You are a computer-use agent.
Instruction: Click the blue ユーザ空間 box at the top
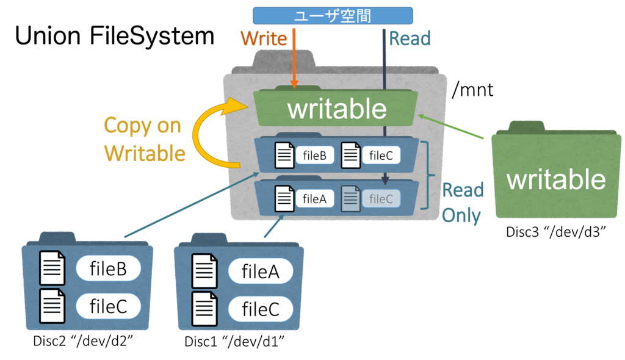point(333,16)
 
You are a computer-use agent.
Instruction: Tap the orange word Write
point(264,38)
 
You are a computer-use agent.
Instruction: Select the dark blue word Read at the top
point(410,38)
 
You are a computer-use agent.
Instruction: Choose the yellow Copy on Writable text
point(144,139)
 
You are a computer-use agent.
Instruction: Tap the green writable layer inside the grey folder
point(336,109)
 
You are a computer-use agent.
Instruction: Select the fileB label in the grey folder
point(315,156)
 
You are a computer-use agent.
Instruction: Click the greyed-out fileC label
point(381,198)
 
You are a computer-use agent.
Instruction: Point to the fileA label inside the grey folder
point(315,198)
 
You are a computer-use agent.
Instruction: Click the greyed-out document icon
point(350,198)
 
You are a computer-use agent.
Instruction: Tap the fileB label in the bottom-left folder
point(108,268)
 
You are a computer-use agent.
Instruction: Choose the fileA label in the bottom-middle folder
point(261,272)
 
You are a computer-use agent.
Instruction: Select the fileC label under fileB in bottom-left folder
point(108,306)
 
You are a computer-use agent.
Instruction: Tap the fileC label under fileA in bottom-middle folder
point(261,309)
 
